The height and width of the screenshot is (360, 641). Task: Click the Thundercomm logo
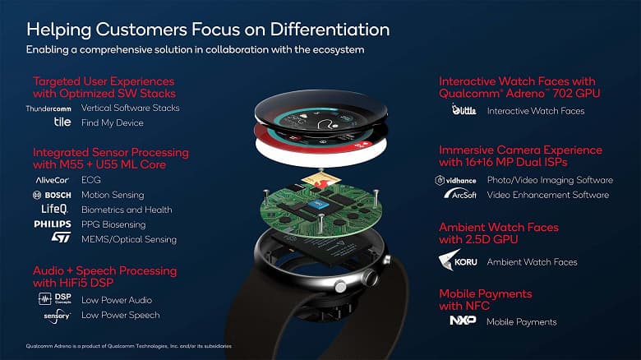[x=49, y=108]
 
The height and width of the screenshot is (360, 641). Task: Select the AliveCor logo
[x=52, y=179]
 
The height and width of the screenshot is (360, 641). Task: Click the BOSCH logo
[x=52, y=195]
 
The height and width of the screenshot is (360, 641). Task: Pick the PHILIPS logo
[x=52, y=224]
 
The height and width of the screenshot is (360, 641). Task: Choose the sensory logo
[x=56, y=315]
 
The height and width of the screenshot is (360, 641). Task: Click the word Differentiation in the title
[x=322, y=30]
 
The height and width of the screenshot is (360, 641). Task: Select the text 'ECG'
[x=91, y=179]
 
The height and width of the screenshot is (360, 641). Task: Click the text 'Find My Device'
[x=112, y=122]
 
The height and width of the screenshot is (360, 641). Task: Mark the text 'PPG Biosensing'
[x=113, y=224]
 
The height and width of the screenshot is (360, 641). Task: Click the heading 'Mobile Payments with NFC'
[x=485, y=300]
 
